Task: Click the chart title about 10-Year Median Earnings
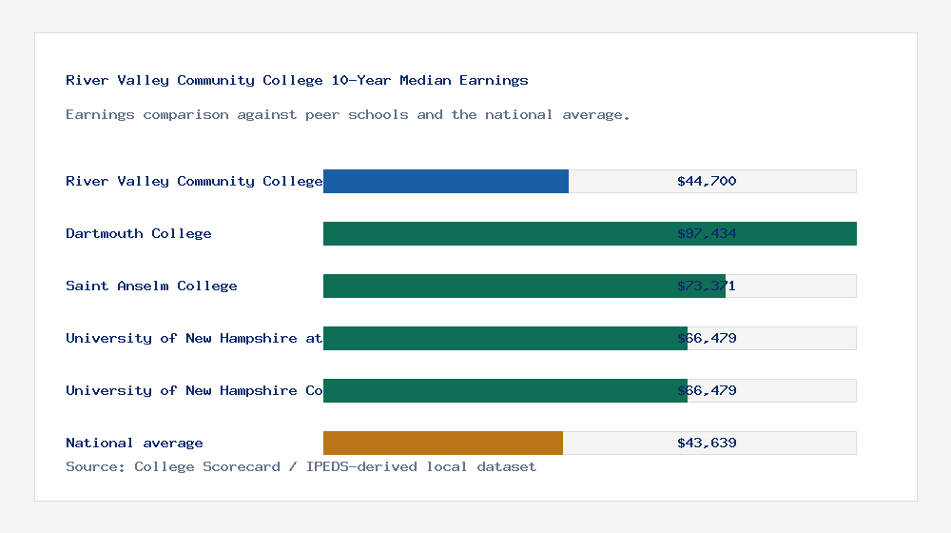pos(297,80)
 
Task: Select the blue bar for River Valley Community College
pos(445,181)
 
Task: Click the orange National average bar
pos(442,443)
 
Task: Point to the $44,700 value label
pos(707,181)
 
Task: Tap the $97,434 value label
pos(707,233)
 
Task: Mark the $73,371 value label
pos(707,286)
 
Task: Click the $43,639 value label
pos(707,443)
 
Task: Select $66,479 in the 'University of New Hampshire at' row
pos(707,338)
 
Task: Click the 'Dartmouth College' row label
pos(139,233)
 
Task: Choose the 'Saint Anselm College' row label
pos(151,286)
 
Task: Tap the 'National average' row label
pos(134,443)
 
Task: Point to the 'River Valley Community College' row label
pos(194,181)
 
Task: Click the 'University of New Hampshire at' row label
pos(194,338)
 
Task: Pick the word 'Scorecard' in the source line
pos(242,466)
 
